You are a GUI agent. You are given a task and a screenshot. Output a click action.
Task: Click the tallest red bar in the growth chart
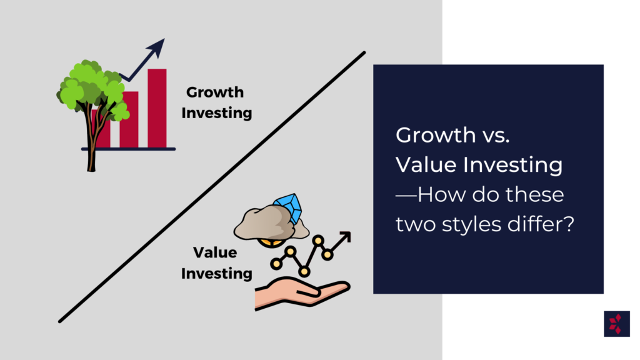tap(157, 108)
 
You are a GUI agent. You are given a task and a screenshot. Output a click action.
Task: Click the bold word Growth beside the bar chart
tap(215, 92)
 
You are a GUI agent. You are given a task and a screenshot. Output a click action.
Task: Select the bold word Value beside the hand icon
tap(215, 252)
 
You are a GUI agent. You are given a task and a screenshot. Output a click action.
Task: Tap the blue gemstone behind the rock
tap(289, 207)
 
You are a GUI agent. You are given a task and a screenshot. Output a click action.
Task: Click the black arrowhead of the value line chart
tap(345, 237)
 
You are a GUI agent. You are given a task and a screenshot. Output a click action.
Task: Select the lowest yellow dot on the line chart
tap(304, 271)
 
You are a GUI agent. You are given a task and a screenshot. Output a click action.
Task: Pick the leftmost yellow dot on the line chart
tap(276, 264)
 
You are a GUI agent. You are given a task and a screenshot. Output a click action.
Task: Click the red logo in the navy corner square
tap(616, 324)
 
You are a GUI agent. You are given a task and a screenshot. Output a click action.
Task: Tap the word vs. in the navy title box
tap(496, 135)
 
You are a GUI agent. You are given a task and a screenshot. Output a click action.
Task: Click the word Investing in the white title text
tap(512, 166)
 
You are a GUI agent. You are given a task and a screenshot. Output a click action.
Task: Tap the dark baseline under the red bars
tap(128, 149)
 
